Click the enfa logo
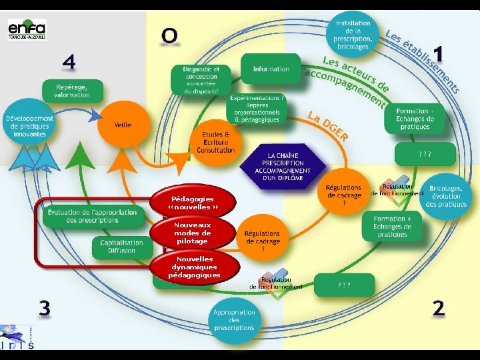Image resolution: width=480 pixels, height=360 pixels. coord(27,29)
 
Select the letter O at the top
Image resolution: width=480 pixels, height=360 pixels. coord(169,35)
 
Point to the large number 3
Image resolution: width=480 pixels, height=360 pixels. coord(44,307)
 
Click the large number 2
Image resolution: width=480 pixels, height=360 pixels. coord(438,307)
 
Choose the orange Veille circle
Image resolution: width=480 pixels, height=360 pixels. coord(123,125)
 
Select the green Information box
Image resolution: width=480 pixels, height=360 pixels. coord(271,69)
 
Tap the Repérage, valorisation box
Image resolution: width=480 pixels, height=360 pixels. coord(73,91)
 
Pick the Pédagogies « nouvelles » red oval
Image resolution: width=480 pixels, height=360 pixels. coord(193,203)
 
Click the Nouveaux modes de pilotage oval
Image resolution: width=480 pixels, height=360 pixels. coord(193,233)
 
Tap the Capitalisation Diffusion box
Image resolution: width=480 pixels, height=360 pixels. coord(121,246)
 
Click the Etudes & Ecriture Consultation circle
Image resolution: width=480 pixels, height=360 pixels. coord(216,142)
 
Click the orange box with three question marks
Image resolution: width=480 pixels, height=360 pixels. coord(424,154)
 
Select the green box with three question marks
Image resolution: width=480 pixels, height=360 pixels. coord(343,285)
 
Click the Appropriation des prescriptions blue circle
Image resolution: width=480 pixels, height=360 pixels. coord(234,320)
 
